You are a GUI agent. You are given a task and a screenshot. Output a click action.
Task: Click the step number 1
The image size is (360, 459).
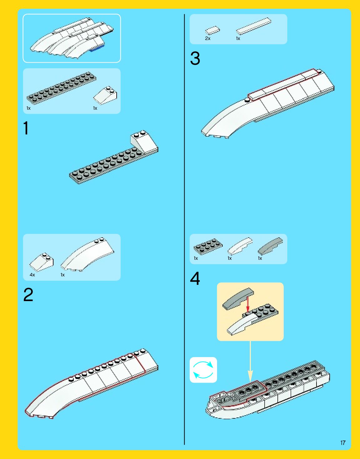26,128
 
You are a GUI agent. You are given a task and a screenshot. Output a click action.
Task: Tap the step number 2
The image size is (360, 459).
28,295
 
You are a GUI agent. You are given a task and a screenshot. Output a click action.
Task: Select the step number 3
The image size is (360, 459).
195,58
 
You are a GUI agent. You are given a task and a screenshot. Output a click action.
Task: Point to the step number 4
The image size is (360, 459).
195,278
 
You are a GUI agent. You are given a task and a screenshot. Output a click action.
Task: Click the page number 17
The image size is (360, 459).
343,443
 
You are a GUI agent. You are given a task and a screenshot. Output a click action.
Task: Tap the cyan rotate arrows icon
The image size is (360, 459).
203,370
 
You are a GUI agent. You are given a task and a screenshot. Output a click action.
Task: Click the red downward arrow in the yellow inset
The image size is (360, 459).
248,304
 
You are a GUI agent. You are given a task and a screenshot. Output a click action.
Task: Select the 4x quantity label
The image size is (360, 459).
32,275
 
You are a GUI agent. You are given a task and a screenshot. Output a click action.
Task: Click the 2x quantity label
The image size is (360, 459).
208,38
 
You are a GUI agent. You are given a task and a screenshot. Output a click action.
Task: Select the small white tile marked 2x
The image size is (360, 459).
212,30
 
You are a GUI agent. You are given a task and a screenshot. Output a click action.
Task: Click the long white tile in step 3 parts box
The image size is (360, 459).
253,26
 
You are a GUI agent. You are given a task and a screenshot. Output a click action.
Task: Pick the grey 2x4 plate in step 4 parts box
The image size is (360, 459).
208,246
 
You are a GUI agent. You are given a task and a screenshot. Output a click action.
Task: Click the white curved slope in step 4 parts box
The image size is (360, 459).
240,245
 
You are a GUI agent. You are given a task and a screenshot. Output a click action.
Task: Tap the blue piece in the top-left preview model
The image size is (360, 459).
97,48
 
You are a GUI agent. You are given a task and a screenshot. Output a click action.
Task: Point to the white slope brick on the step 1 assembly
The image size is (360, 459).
144,141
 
